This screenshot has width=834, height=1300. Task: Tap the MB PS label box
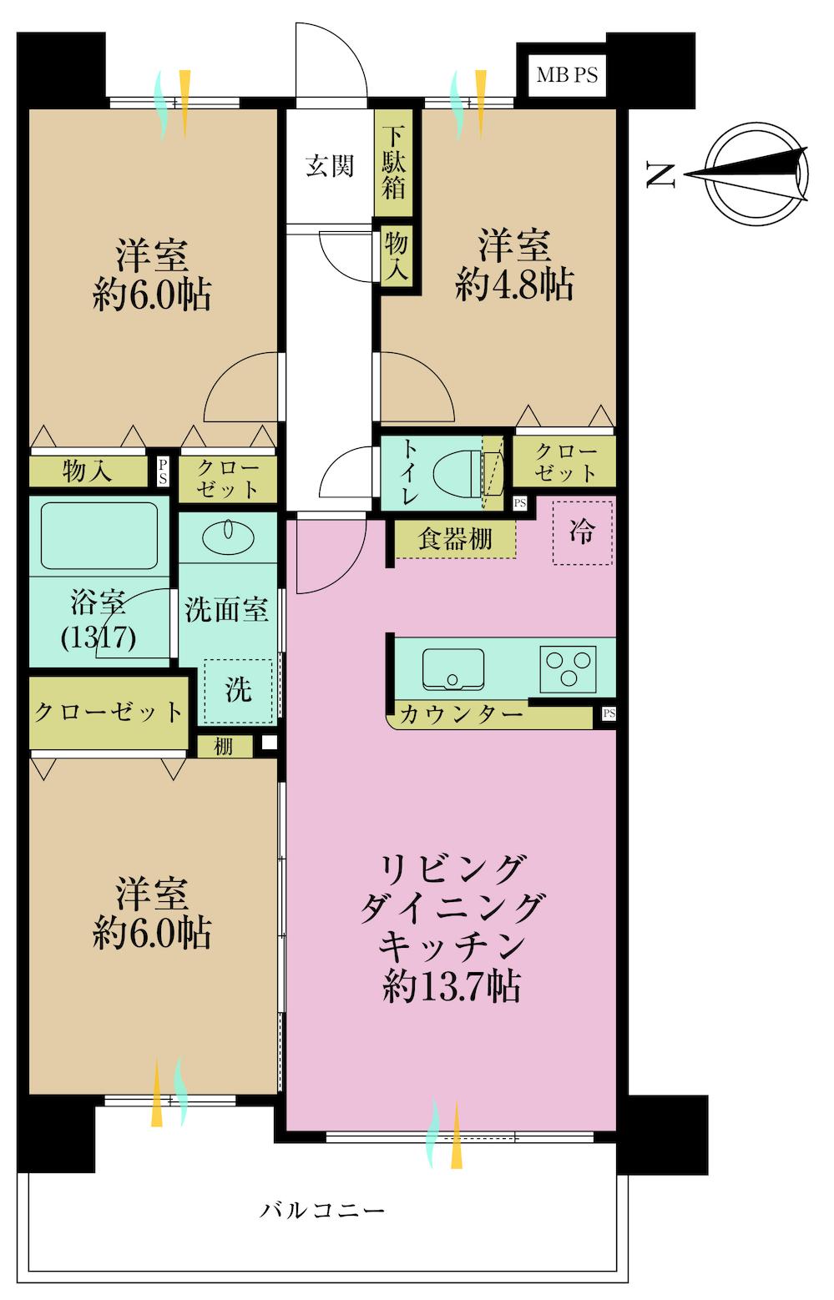(566, 75)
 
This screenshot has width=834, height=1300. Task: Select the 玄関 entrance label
(329, 166)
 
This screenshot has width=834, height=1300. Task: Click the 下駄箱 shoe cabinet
(394, 162)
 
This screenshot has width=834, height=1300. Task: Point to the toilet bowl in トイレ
(457, 473)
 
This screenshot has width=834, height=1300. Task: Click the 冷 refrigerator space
(582, 533)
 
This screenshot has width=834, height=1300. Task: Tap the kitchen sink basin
(453, 669)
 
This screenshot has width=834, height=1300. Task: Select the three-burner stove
(568, 668)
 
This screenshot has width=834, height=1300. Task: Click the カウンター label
(461, 715)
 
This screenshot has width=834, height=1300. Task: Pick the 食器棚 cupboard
(455, 540)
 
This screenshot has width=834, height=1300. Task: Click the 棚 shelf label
(224, 747)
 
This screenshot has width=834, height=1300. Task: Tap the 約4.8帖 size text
(513, 287)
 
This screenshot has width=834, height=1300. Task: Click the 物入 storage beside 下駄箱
(395, 254)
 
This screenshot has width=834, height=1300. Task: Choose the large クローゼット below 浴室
(109, 713)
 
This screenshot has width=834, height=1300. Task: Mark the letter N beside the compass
(660, 174)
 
